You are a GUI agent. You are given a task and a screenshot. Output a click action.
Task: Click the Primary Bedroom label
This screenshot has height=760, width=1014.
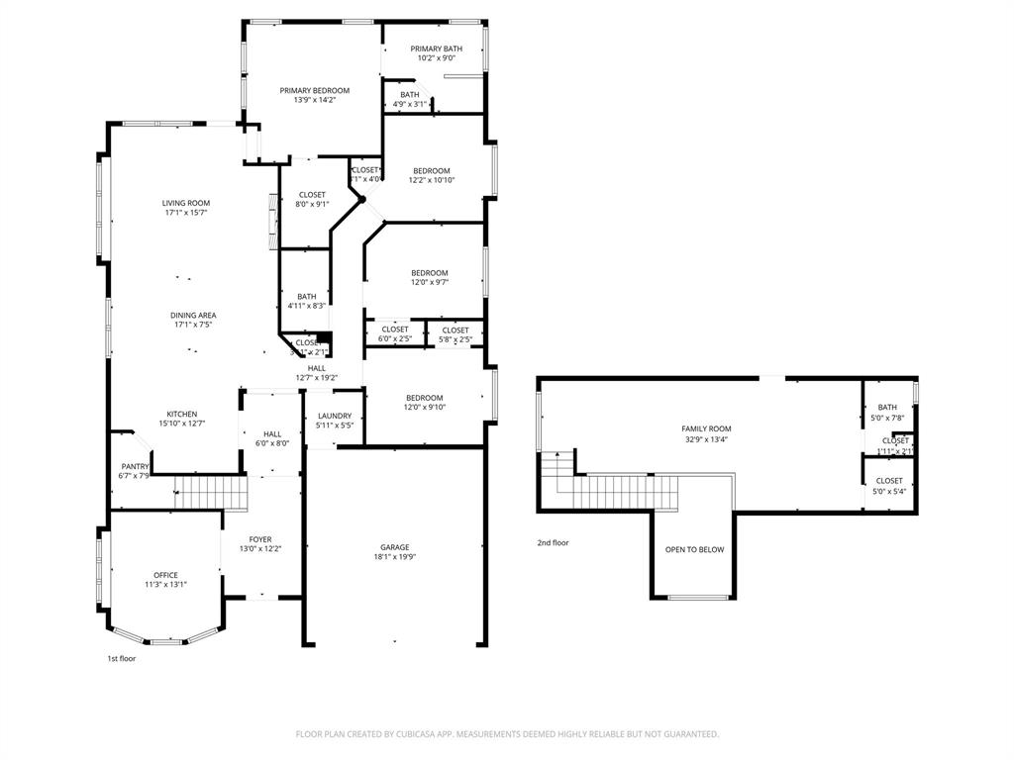(x=314, y=90)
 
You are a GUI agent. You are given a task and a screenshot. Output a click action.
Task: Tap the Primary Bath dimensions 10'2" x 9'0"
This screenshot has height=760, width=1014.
(x=437, y=58)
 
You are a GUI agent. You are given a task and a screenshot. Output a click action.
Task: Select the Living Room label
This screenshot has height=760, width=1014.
(x=186, y=203)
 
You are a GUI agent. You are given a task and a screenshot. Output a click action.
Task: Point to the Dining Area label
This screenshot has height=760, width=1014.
(x=193, y=315)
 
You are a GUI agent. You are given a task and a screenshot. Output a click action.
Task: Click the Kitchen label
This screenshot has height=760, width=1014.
(x=181, y=414)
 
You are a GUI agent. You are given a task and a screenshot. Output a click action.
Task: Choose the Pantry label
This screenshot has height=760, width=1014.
(x=135, y=466)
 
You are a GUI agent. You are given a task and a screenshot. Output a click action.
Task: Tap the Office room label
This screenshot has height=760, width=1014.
(x=165, y=574)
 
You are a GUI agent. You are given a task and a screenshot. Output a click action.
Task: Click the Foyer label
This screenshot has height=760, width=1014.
(x=260, y=539)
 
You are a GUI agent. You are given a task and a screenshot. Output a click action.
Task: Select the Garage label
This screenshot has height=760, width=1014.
(x=394, y=547)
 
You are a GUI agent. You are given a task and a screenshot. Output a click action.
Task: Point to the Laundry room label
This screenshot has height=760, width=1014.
(x=335, y=416)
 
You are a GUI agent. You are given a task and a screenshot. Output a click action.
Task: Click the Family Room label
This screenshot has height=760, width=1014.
(x=706, y=428)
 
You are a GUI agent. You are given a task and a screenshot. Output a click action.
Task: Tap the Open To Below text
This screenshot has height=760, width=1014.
(x=694, y=549)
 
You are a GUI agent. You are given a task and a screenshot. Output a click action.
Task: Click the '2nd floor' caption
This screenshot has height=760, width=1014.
(x=553, y=542)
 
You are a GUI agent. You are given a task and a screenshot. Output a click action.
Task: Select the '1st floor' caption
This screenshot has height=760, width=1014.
(x=121, y=658)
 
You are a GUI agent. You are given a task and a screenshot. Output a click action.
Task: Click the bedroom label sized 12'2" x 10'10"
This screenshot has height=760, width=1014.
(x=432, y=170)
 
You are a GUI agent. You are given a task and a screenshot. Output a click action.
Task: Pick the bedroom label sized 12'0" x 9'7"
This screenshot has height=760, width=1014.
(x=430, y=272)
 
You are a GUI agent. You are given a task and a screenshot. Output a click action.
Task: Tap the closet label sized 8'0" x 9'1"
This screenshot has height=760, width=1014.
(x=312, y=194)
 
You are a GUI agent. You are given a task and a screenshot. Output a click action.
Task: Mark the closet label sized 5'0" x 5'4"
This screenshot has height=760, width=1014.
(x=889, y=480)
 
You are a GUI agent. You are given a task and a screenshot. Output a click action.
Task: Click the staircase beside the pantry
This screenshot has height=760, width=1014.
(x=209, y=491)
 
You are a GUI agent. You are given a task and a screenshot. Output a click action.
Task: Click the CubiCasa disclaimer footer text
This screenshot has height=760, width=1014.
(x=507, y=733)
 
